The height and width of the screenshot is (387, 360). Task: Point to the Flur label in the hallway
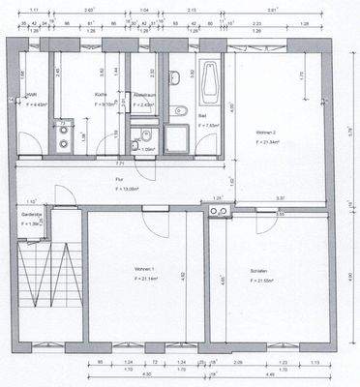(118, 178)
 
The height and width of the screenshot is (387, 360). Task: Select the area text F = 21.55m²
(260, 281)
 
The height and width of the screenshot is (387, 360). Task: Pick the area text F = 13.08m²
(119, 188)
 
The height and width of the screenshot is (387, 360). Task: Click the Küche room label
(101, 95)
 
